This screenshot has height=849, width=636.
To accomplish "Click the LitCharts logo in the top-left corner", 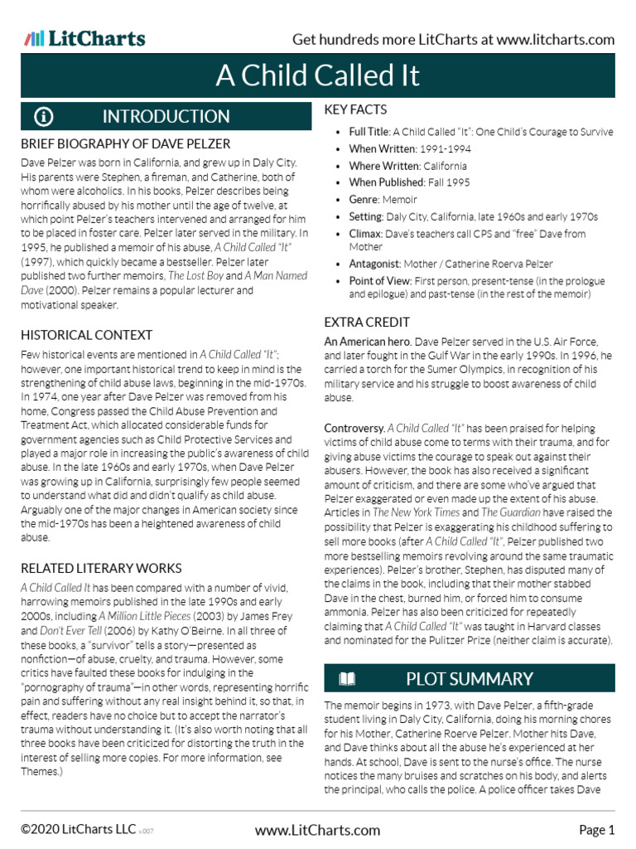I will coord(84,39).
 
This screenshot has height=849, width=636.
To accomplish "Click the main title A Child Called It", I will coord(318,75).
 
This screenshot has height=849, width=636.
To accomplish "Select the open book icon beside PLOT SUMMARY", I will coord(347,680).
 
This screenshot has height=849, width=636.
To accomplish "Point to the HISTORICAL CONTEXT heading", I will coord(86,335).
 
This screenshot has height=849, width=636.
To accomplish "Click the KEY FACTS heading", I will coord(355,109).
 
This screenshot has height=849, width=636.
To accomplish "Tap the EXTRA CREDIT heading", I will coord(367,322).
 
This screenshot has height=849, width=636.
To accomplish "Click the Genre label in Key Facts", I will coord(365,200).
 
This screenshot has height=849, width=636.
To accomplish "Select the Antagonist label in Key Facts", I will coord(377,264).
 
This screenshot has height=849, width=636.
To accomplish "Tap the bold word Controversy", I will coord(354,428).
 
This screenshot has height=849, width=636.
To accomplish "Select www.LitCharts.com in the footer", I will coord(318,830).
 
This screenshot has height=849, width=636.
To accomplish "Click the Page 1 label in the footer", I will coord(596,830).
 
